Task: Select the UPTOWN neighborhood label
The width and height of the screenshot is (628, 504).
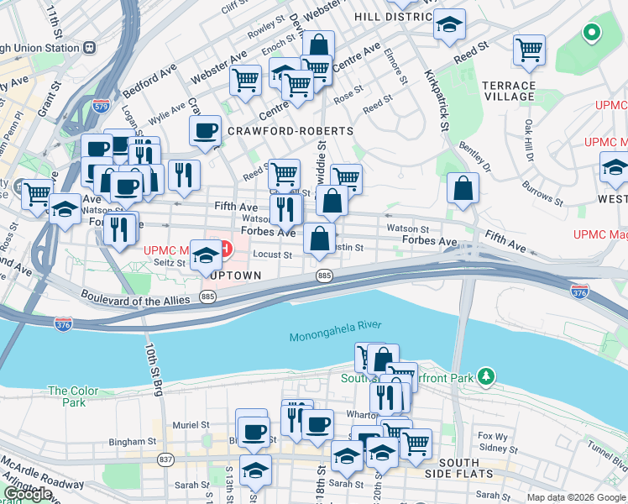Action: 237,275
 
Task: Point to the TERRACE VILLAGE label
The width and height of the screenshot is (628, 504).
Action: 508,92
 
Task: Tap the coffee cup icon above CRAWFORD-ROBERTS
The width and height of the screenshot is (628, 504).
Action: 205,131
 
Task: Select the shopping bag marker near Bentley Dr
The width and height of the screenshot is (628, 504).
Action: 463,189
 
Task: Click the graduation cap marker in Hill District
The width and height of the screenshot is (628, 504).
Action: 450,24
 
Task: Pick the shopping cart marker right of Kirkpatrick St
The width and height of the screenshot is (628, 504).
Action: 529,50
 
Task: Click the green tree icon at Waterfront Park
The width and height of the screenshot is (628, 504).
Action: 484,376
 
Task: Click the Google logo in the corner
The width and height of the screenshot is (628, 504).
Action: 28,494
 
